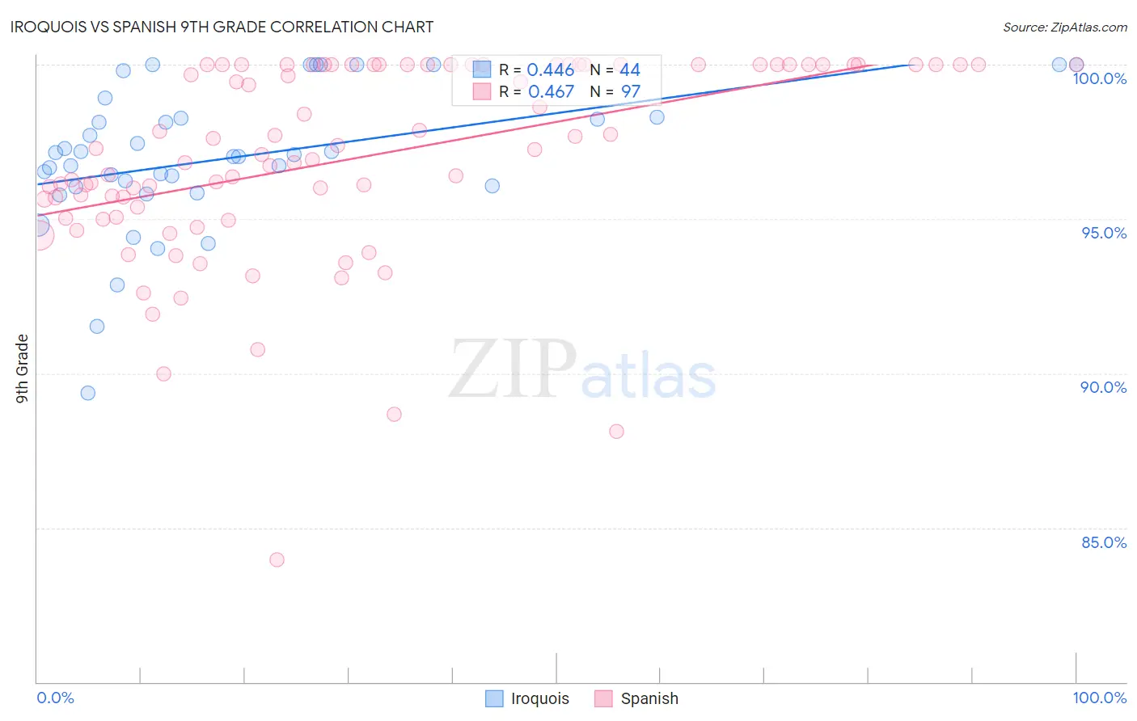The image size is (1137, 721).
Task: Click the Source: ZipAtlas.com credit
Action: pos(1064,27)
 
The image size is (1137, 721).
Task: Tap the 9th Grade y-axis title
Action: pos(22,368)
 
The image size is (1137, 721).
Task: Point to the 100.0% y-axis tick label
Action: pos(1099,78)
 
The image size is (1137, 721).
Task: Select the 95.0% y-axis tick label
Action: pos(1104,233)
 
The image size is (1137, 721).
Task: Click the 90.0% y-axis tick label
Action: pos(1103,387)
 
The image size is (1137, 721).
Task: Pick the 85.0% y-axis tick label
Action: pos(1104,542)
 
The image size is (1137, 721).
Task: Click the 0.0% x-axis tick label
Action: pos(55,698)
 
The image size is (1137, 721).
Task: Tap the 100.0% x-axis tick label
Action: pos(1099,698)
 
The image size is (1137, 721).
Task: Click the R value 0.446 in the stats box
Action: pos(550,70)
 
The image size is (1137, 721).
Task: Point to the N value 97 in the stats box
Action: pos(630,92)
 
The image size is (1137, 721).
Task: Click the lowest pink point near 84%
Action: pos(277,559)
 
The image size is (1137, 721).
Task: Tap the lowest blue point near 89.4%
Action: pos(88,393)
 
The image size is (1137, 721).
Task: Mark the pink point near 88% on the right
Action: pos(616,432)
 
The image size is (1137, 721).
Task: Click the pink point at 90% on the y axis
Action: pos(163,373)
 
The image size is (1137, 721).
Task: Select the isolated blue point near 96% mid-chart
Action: pos(492,186)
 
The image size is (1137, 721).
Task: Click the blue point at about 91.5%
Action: pos(97,327)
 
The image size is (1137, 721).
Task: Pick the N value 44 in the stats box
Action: pos(629,70)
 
